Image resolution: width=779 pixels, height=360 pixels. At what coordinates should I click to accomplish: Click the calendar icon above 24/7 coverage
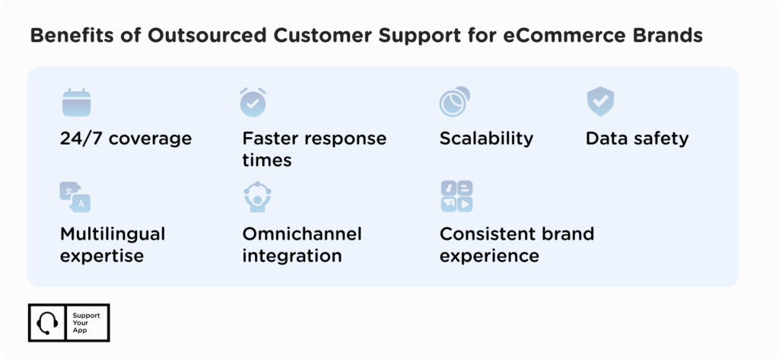(x=75, y=102)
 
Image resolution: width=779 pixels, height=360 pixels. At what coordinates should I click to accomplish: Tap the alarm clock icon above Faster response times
(x=253, y=102)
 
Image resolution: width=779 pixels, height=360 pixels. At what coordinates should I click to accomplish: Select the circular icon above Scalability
(x=454, y=102)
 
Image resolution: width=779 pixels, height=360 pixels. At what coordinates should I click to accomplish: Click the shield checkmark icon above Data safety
(x=600, y=102)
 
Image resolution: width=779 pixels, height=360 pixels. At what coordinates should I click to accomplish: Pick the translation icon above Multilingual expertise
(x=75, y=196)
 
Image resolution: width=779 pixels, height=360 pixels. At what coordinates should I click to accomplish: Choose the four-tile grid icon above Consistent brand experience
(x=456, y=196)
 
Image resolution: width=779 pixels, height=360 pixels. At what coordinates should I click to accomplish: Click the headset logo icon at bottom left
(x=46, y=323)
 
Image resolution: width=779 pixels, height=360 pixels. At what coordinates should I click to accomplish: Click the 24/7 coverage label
(x=126, y=139)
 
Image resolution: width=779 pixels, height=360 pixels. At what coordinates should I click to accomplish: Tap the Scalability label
(x=486, y=139)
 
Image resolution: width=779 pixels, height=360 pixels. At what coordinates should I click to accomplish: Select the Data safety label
(x=637, y=139)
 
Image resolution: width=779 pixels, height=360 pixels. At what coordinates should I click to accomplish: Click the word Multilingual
(x=113, y=233)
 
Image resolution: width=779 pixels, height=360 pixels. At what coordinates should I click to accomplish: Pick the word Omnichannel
(x=302, y=233)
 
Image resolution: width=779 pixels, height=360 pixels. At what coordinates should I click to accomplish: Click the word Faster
(x=271, y=139)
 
